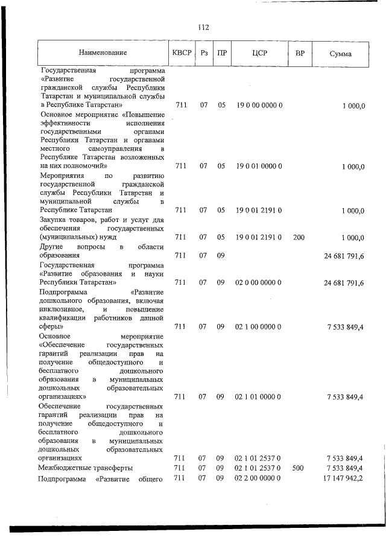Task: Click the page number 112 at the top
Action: coord(203,27)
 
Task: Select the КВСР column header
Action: coord(182,52)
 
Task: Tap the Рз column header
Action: coord(204,52)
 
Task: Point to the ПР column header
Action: coord(222,52)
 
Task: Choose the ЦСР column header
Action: coord(259,52)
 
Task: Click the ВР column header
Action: coord(299,52)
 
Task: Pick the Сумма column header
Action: coord(341,53)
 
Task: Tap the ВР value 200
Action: coord(299,238)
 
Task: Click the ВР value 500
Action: coord(299,468)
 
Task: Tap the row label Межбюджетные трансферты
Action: coord(86,468)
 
